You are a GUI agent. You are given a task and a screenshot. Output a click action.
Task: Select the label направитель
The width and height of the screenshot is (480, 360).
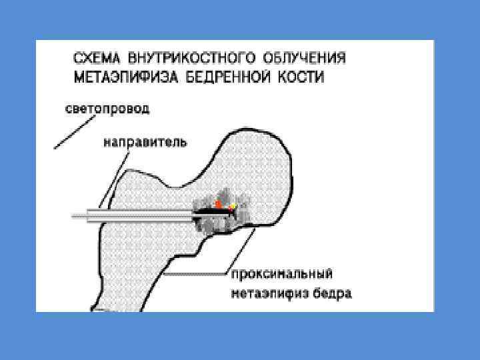click(x=145, y=141)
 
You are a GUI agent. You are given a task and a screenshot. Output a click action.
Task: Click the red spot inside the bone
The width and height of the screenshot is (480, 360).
click(x=217, y=203)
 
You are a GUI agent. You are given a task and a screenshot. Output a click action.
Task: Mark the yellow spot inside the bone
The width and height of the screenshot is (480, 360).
click(x=233, y=207)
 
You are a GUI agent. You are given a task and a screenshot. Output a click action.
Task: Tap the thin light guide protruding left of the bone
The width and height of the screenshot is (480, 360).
click(x=83, y=215)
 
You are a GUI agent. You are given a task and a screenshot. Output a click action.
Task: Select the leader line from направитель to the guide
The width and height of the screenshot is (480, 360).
click(x=111, y=176)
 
